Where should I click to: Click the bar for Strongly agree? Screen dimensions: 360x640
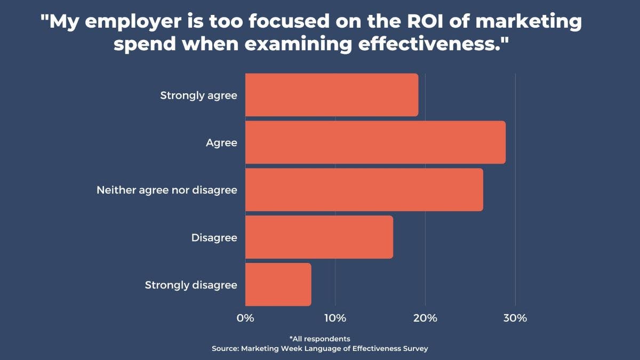click(332, 95)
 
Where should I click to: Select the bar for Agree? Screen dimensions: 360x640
click(375, 142)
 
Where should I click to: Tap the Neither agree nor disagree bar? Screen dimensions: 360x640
click(364, 190)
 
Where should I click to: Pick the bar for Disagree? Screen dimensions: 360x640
click(319, 237)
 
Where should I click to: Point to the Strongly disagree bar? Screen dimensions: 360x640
click(278, 285)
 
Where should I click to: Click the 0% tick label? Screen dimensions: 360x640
click(245, 318)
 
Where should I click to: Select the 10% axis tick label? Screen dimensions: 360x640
click(335, 318)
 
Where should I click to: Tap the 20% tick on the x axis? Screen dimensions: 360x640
click(425, 318)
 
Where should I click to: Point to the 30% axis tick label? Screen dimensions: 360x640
click(515, 318)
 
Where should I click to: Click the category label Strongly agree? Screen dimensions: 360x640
click(198, 95)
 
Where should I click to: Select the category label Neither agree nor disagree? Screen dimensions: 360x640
click(166, 190)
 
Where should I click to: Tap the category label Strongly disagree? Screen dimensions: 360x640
click(191, 285)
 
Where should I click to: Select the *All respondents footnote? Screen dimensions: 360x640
click(319, 339)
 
